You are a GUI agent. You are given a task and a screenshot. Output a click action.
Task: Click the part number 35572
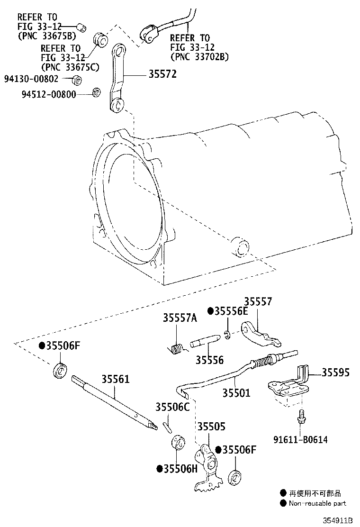point(162,74)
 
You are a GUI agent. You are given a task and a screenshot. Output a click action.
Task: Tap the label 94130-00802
point(31,79)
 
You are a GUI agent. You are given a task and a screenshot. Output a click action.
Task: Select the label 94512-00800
point(49,94)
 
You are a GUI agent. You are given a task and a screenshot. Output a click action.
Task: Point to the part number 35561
point(116,379)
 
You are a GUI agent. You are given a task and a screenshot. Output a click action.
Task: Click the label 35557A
point(180,318)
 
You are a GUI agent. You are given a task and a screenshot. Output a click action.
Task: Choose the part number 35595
point(335,373)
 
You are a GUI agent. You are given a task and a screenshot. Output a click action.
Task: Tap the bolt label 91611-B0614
point(301,440)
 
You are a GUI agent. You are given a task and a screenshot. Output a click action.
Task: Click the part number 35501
point(236,392)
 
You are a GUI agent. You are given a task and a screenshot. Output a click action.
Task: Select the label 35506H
point(180,469)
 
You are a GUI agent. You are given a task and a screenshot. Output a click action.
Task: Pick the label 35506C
point(172,407)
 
